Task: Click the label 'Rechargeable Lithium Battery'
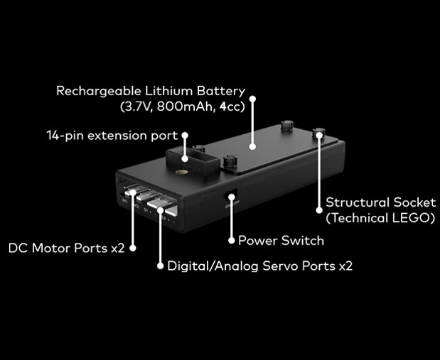click(151, 92)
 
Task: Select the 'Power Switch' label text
click(281, 241)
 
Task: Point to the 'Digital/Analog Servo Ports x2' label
click(259, 267)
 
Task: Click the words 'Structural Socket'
click(380, 203)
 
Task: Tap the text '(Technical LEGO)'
click(380, 219)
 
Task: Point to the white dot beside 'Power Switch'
click(230, 241)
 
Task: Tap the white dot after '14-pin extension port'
click(186, 135)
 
